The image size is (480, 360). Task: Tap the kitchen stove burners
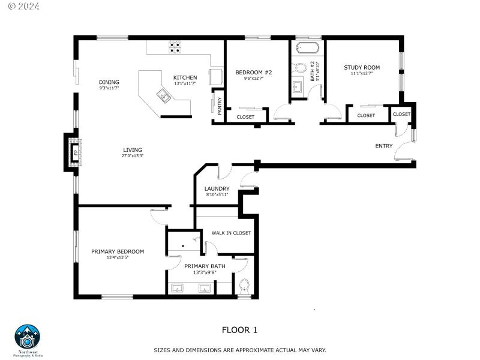175,47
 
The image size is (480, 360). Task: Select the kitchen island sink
163,95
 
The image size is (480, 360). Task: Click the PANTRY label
220,106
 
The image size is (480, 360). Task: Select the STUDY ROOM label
362,67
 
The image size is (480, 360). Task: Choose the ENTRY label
384,146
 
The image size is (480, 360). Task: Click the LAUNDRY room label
217,188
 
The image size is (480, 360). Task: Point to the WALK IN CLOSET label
231,233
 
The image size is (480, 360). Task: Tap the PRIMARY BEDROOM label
118,251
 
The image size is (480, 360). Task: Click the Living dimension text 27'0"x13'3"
133,156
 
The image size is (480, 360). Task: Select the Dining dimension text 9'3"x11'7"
109,88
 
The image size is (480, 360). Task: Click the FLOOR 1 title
239,329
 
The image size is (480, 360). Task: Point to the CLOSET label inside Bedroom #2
245,117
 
